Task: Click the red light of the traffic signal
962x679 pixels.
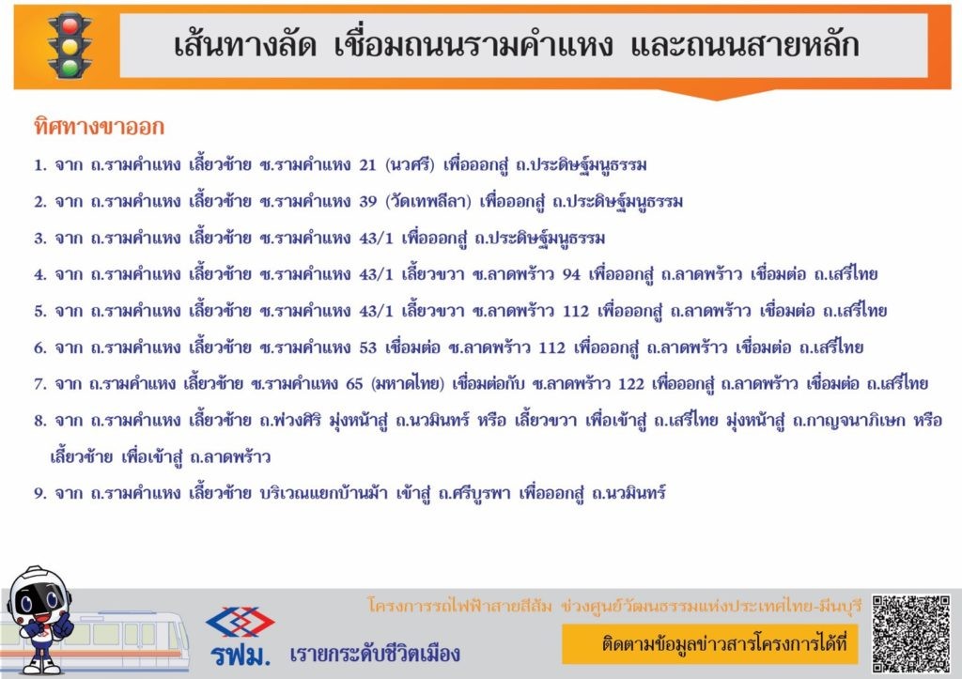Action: [70, 25]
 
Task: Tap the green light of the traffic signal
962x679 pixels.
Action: [70, 67]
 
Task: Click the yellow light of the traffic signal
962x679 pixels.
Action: [70, 46]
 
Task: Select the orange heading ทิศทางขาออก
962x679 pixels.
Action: [100, 127]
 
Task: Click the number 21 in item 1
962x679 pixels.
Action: [367, 165]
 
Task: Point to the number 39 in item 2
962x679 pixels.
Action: [367, 202]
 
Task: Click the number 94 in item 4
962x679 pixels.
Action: [571, 274]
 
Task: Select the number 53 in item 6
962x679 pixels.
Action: [367, 347]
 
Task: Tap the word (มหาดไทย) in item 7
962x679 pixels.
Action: [408, 384]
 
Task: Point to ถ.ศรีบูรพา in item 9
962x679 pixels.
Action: [474, 493]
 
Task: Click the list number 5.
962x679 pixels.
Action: [39, 312]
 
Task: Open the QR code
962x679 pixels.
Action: [911, 634]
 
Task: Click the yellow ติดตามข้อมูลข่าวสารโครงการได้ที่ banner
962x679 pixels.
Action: [710, 644]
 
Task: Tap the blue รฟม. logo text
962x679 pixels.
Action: [240, 656]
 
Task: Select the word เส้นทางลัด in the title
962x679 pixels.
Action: [245, 45]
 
